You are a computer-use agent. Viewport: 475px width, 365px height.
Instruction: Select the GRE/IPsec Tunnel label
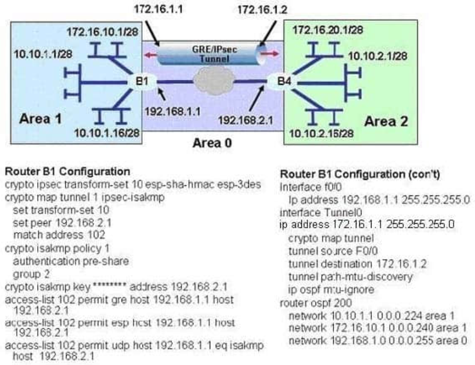[x=209, y=52]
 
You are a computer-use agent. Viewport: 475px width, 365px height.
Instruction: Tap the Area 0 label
[x=213, y=142]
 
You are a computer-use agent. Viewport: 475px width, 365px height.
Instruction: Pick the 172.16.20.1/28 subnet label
[x=326, y=30]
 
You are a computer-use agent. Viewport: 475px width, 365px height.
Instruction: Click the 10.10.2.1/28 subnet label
[x=377, y=55]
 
